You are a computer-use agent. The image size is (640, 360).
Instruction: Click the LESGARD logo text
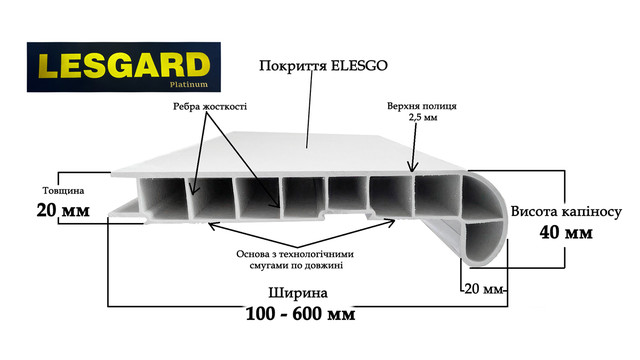tap(122, 66)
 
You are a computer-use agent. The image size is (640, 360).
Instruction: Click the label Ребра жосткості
tap(209, 106)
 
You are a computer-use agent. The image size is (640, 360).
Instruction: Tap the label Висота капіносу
tap(568, 212)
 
